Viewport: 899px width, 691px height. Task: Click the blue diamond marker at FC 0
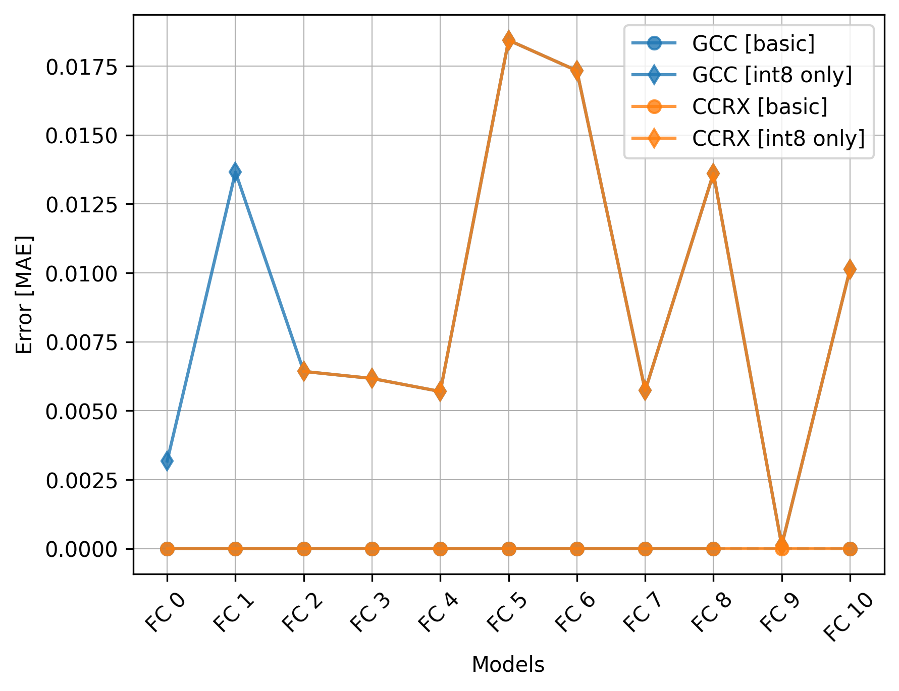click(167, 460)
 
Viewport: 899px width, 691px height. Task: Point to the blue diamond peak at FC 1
click(235, 172)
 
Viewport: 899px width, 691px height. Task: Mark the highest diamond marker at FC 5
click(509, 40)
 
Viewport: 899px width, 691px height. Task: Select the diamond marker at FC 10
click(850, 269)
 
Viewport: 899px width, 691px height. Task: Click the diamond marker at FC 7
click(645, 390)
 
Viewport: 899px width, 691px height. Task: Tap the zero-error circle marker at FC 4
click(440, 549)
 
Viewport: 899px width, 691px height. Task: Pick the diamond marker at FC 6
click(577, 71)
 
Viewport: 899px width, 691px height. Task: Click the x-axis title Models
click(508, 665)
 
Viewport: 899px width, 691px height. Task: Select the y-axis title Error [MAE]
click(24, 295)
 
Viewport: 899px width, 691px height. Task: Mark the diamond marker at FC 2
click(303, 372)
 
